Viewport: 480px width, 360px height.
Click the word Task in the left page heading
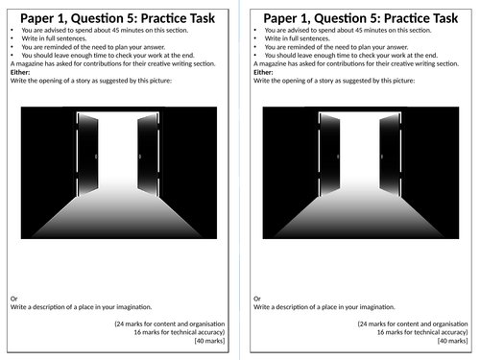pos(201,18)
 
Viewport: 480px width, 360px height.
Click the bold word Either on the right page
pos(263,72)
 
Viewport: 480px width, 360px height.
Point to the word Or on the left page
pos(13,299)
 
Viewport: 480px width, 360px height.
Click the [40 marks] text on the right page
pos(452,341)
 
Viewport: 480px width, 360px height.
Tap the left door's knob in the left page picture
pos(96,156)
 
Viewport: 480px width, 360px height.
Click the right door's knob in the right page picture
pos(382,156)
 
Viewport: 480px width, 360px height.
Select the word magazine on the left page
pos(30,64)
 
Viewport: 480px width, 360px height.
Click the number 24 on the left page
pos(120,324)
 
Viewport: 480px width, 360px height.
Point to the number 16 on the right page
pos(380,332)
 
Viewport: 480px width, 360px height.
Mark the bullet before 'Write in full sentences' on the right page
pos(255,38)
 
